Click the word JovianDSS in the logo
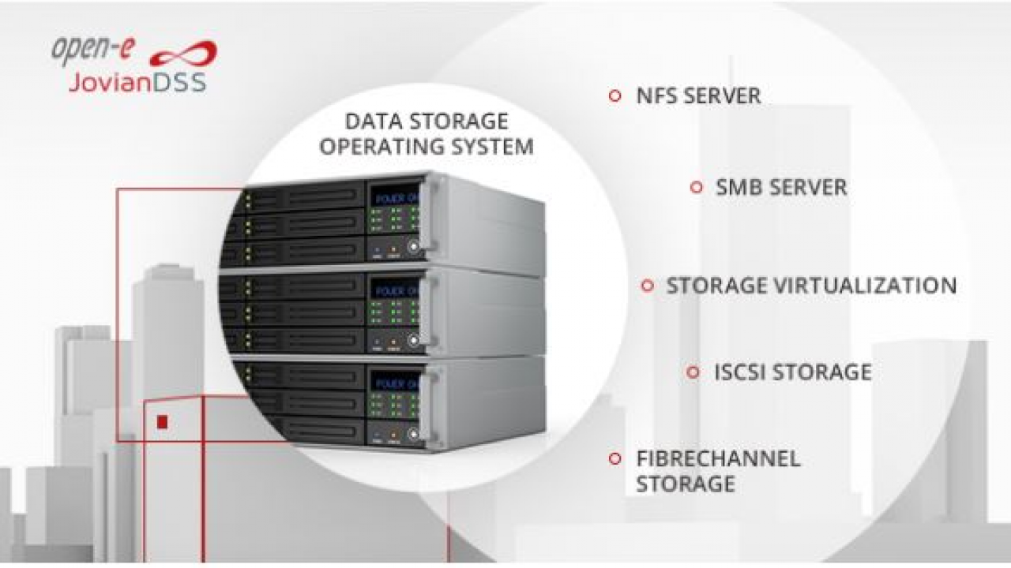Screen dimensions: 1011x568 (x=137, y=83)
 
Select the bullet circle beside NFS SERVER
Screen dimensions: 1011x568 (x=614, y=95)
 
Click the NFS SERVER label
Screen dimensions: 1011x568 (x=698, y=96)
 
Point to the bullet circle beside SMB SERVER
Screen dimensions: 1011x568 (x=697, y=187)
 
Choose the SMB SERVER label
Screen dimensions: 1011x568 (x=781, y=188)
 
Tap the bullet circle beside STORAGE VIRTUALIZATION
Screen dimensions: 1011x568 (x=648, y=286)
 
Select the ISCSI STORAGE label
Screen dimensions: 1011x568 (x=793, y=372)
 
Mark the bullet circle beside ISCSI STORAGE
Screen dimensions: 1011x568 (x=693, y=372)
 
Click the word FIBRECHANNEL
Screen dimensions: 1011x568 (x=718, y=459)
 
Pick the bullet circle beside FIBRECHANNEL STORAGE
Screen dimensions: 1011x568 (x=614, y=459)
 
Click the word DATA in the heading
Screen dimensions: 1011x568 (x=374, y=121)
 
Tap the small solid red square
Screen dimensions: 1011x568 (x=163, y=423)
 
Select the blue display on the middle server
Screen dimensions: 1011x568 (x=396, y=289)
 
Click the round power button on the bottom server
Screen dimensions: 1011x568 (x=413, y=434)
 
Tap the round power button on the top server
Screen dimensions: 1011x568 (x=413, y=246)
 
